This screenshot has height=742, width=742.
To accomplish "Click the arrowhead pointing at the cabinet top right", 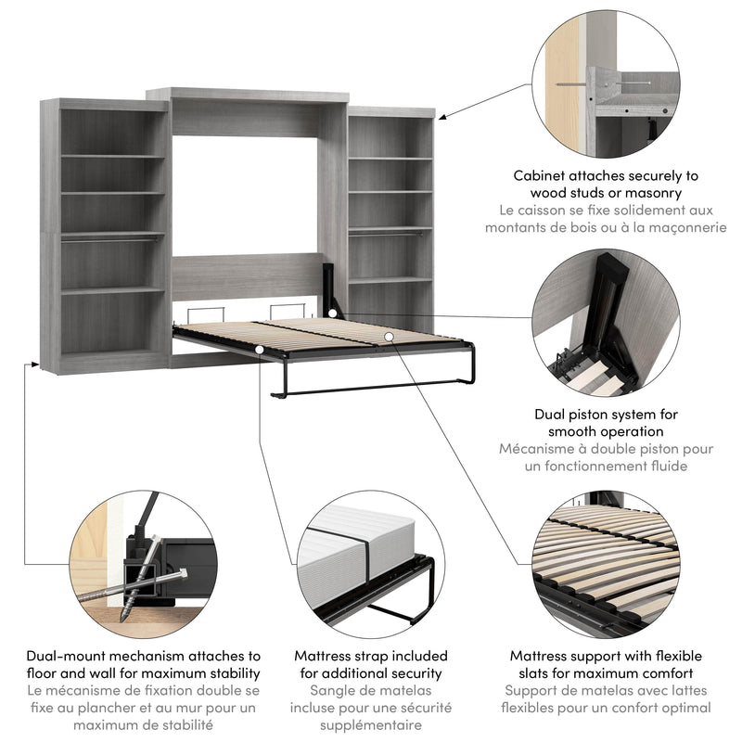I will [441, 117].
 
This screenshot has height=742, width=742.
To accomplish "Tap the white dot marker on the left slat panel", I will [261, 349].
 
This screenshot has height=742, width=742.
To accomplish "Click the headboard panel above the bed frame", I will [246, 276].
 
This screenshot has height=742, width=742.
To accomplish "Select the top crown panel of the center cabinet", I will [248, 95].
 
